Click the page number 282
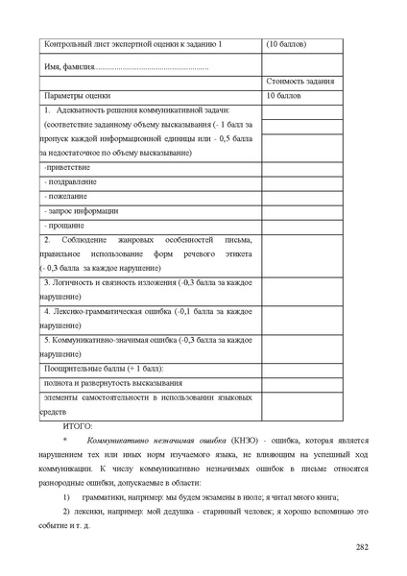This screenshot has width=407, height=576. click(x=361, y=548)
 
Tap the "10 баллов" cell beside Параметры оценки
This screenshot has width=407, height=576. click(x=283, y=97)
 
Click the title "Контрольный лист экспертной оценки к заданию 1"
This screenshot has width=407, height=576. click(x=132, y=45)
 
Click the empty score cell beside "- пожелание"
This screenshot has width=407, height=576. click(x=300, y=197)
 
